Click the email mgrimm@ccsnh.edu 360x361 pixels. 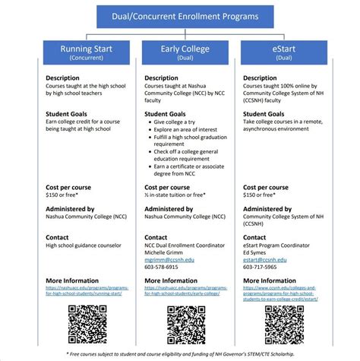(169, 259)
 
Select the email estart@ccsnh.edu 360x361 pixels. (267, 259)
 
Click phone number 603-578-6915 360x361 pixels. (161, 267)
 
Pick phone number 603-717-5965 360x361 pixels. (260, 267)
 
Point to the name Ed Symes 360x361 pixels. (256, 252)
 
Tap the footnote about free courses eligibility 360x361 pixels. (179, 353)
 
